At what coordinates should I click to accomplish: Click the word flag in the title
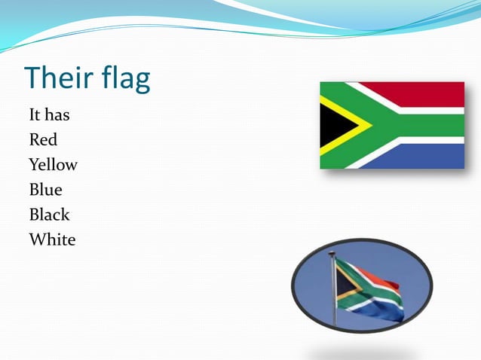point(123,79)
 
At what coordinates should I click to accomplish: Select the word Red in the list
point(43,139)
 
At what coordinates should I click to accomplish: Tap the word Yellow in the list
point(53,165)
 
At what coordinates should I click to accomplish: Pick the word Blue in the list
point(45,190)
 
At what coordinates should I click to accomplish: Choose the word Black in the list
point(49,215)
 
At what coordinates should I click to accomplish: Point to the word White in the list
point(52,240)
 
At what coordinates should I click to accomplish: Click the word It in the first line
point(35,115)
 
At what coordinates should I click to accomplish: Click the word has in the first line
point(57,115)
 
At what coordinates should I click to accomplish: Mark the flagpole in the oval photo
point(332,294)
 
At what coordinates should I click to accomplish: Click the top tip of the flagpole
point(332,254)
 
